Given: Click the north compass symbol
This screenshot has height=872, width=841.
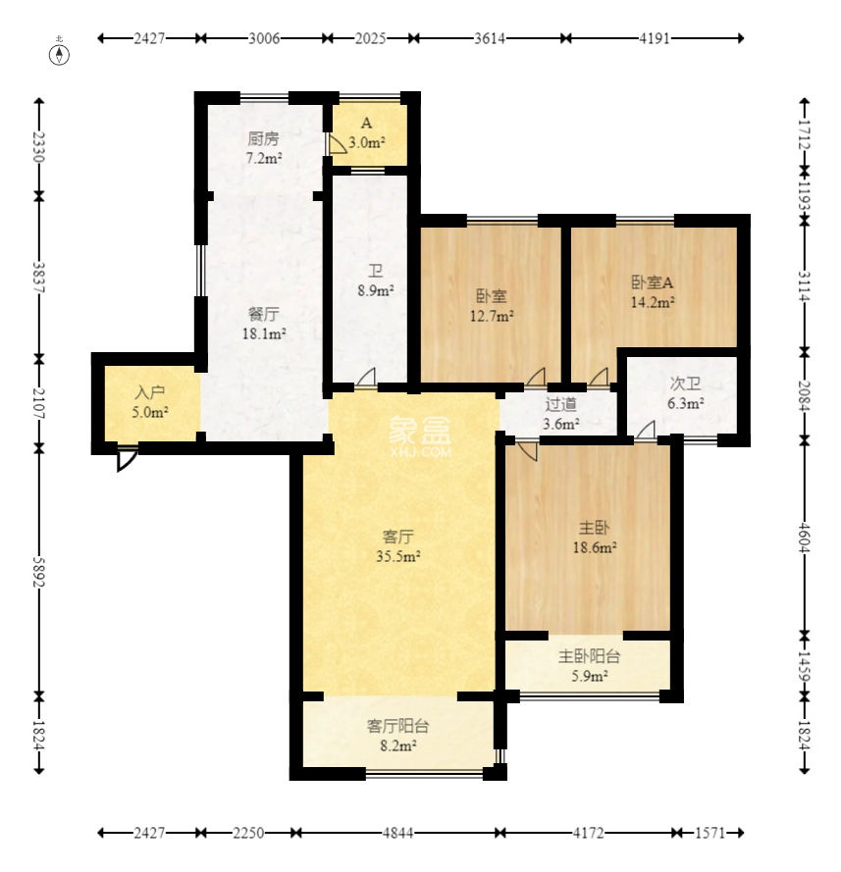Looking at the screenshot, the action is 60,54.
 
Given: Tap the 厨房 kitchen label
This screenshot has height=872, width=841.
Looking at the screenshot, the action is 264,138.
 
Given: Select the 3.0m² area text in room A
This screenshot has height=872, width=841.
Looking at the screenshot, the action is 367,143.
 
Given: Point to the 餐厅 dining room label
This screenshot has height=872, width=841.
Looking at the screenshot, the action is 264,314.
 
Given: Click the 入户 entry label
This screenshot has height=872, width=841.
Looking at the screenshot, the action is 149,393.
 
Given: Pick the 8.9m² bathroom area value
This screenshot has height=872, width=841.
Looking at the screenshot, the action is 376,290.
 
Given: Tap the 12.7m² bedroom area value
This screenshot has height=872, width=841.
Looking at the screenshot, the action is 492,317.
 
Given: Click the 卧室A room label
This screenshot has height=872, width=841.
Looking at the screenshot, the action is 653,282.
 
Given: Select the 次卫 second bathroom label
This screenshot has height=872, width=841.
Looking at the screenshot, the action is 685,384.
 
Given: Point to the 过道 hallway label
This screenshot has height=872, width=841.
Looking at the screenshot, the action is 560,404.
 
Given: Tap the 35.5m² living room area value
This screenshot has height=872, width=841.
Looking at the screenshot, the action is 398,556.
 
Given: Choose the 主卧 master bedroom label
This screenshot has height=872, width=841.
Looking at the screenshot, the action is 594,527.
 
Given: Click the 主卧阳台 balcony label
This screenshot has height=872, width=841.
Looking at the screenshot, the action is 589,656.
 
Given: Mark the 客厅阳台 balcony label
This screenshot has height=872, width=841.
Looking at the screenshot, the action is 397,726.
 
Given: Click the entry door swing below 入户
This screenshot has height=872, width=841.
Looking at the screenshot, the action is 128,459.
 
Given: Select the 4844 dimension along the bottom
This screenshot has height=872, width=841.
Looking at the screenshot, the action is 398,833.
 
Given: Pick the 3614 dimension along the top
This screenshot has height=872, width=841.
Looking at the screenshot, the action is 490,38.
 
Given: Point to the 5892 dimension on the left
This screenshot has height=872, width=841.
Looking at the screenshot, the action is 38,572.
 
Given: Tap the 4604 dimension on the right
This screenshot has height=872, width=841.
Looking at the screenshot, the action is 805,538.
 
